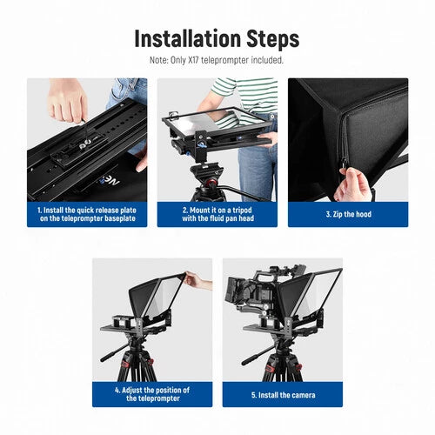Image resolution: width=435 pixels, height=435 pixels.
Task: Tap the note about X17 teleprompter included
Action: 217,60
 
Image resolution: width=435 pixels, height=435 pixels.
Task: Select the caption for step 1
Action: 86,214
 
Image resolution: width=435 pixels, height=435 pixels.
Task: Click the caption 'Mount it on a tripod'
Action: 217,214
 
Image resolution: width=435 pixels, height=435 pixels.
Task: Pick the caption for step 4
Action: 152,393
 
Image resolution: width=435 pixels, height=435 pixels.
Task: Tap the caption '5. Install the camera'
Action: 282,393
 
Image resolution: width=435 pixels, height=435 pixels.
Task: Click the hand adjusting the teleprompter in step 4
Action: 197,281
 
